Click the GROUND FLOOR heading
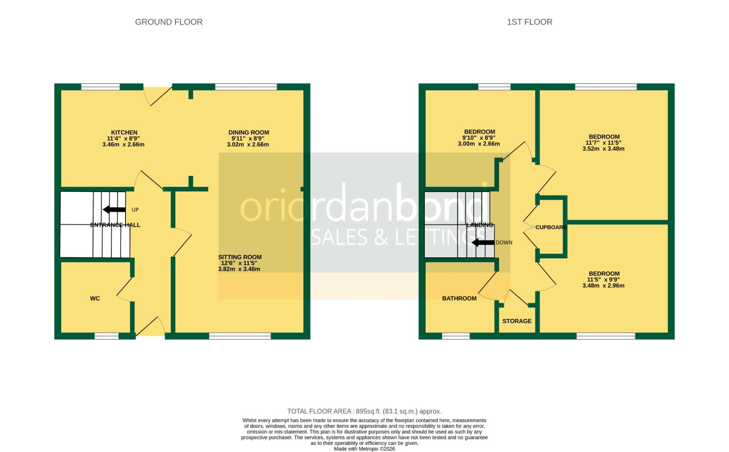(x=169, y=22)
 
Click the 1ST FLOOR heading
(x=529, y=22)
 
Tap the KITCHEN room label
(x=124, y=133)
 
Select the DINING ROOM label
(x=248, y=133)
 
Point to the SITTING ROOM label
(x=240, y=257)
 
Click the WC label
(x=95, y=298)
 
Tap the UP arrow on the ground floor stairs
(x=114, y=210)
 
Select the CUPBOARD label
(x=551, y=227)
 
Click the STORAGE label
(x=517, y=321)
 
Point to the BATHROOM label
(x=459, y=298)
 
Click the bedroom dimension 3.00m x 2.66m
(x=479, y=144)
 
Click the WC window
(x=106, y=336)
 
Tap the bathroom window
(x=456, y=336)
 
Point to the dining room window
(x=246, y=87)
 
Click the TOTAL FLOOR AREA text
(x=364, y=411)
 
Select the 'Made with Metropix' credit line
(x=364, y=449)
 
